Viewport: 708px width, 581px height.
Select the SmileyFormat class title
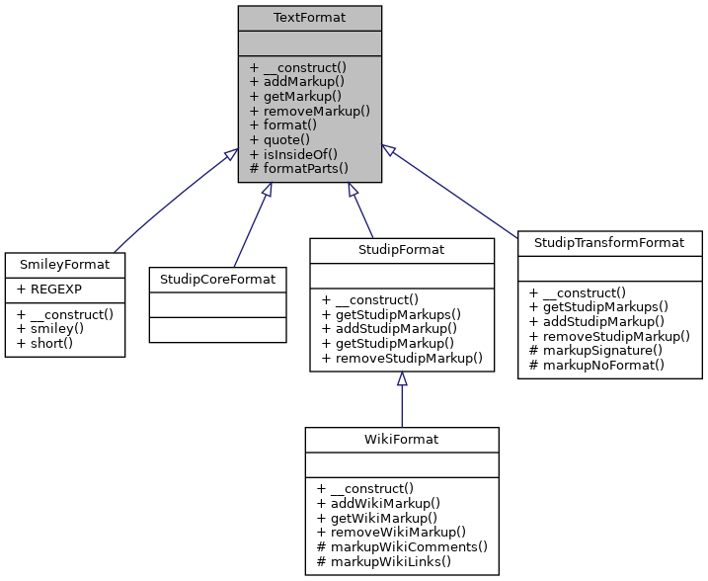[65, 265]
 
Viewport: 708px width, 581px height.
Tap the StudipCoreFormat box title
[218, 279]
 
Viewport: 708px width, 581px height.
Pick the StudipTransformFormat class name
[610, 242]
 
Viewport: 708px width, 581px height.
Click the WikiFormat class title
[402, 439]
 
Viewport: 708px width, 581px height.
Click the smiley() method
[59, 328]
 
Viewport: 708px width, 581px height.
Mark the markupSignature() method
[600, 350]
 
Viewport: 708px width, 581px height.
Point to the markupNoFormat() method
[602, 365]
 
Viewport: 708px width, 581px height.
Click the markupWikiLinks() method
[383, 561]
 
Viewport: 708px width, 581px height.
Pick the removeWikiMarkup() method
[391, 532]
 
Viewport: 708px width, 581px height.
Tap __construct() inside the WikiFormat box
[366, 488]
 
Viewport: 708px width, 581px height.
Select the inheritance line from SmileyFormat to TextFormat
[173, 203]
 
